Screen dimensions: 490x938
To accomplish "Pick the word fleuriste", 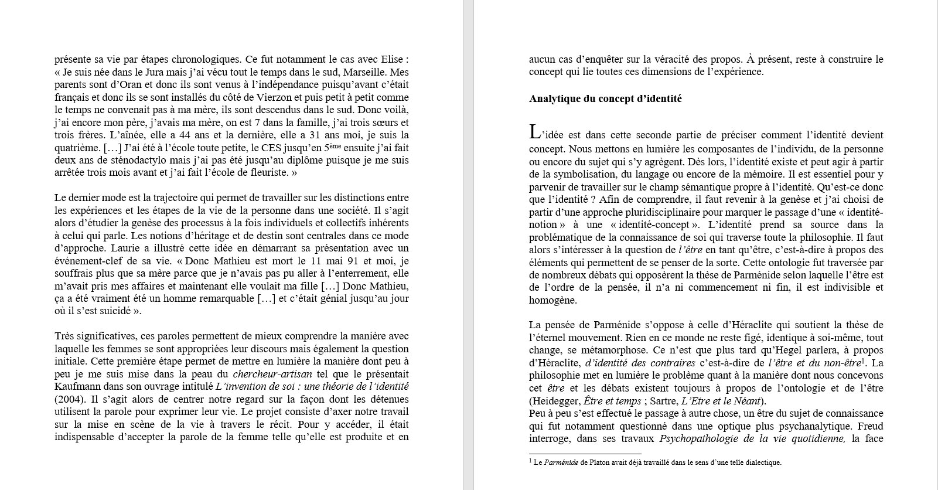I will pyautogui.click(x=261, y=173).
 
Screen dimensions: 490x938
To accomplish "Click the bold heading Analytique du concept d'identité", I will pyautogui.click(x=605, y=99).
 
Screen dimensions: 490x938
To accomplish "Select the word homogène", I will pyautogui.click(x=552, y=300).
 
